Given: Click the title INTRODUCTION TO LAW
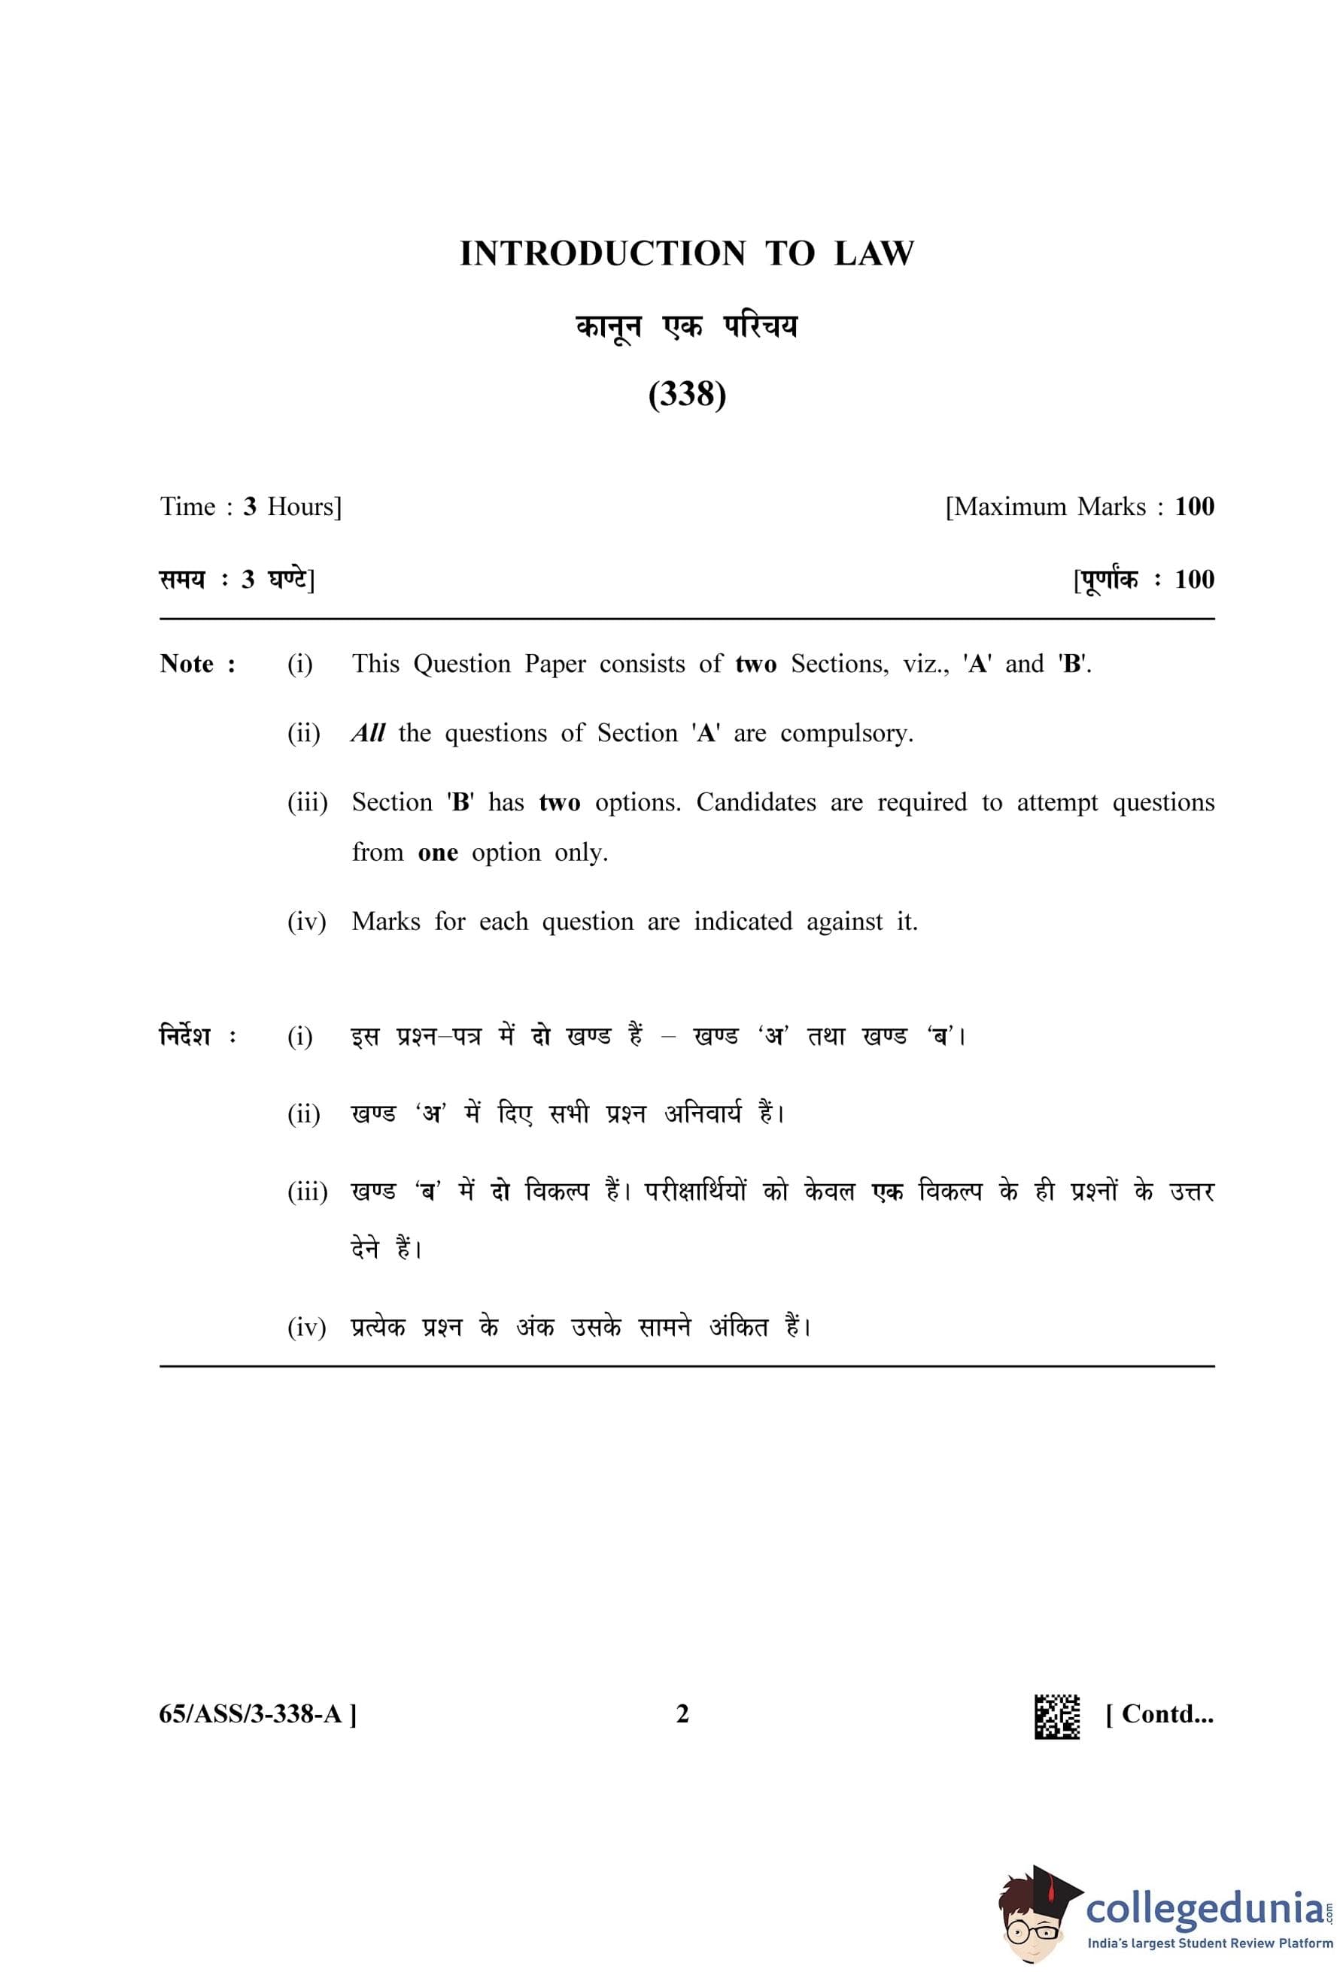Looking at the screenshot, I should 687,253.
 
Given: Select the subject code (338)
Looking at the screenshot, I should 687,395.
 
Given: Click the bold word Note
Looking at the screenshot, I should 187,664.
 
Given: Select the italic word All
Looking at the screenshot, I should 369,733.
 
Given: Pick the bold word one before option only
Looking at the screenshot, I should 437,853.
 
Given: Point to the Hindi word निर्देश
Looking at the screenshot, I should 185,1036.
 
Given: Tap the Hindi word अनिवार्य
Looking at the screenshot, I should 703,1113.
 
